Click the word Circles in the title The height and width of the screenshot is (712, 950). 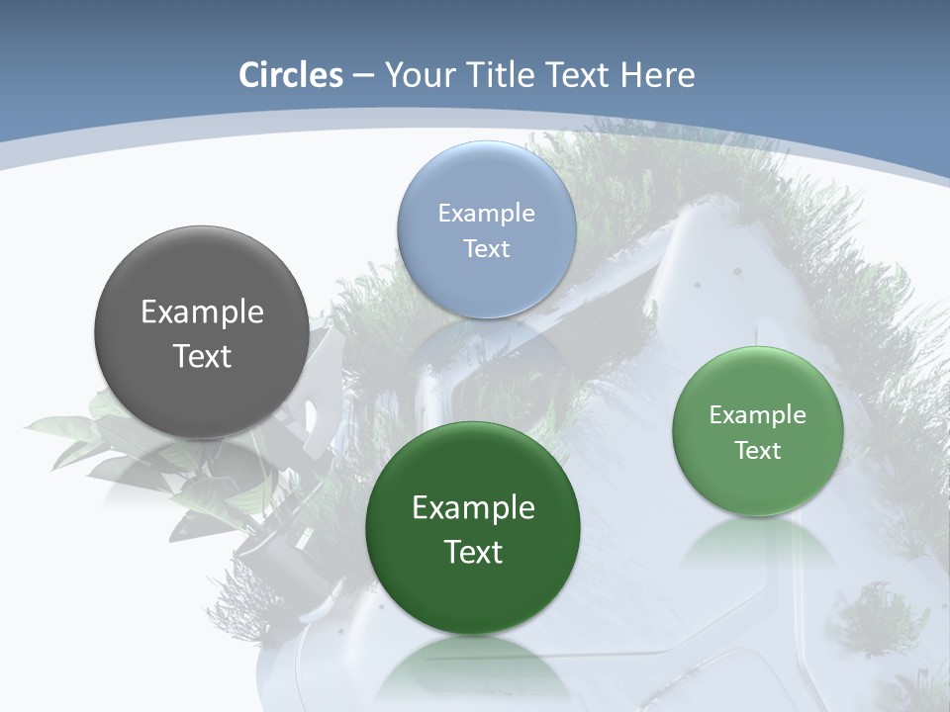pos(291,75)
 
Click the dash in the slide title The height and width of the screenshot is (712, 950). pos(363,76)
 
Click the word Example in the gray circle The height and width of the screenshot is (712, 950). pos(202,312)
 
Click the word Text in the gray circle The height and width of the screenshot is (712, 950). pos(202,356)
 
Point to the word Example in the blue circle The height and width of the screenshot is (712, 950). pos(486,214)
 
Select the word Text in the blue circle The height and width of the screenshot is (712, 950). pos(486,248)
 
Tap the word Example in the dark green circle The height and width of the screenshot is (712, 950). pos(473,508)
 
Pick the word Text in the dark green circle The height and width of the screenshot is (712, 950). pos(473,552)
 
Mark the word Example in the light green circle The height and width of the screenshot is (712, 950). pos(758,415)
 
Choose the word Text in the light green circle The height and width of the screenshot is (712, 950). pos(758,450)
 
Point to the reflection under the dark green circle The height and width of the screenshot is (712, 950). pos(473,667)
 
